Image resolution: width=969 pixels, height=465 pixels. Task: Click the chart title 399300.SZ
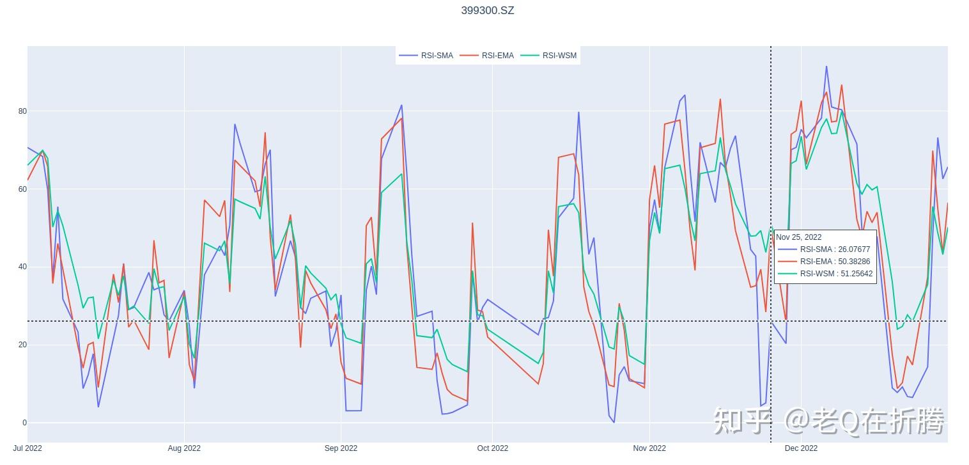coord(487,10)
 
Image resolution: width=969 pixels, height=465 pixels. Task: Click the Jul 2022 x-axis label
coord(27,448)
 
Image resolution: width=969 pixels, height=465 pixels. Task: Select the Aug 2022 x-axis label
coord(184,448)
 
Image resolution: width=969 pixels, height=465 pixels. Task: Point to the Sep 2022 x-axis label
coord(341,448)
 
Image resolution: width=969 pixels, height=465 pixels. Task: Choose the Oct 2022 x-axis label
coord(492,448)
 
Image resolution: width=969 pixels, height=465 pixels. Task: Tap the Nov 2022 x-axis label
coord(649,448)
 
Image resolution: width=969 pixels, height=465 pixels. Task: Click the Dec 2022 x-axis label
coord(800,448)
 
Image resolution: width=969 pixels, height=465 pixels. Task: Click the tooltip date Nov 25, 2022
coord(799,237)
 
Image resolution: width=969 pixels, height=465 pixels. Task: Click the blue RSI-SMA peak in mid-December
coord(826,67)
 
